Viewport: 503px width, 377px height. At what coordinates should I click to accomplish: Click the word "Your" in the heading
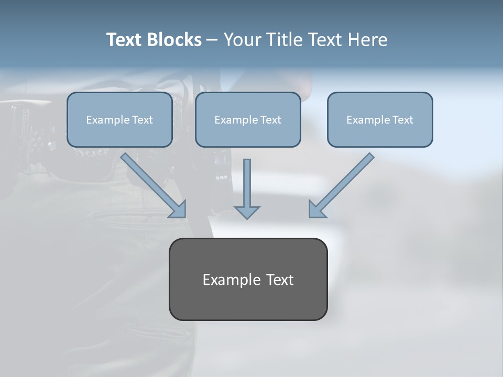241,40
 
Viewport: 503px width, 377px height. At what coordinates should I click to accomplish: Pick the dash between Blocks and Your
212,40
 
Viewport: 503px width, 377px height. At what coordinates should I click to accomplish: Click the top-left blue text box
119,120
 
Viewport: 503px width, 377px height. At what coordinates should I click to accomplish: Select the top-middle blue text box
248,120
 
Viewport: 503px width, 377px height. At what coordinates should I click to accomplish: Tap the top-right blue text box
380,120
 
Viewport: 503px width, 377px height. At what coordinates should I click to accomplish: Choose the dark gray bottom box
248,279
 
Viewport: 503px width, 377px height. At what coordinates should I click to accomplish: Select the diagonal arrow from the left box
152,184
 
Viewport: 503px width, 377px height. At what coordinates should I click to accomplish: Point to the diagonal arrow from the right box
343,183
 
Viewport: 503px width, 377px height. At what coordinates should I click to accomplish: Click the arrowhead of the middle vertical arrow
247,212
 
